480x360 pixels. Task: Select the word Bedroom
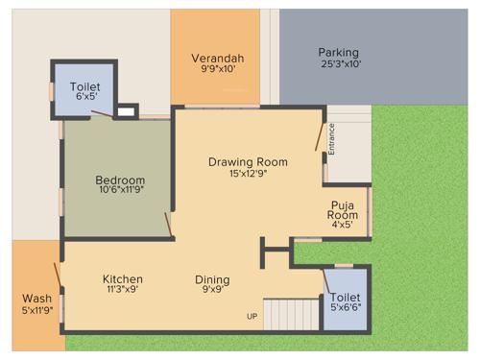[120, 180]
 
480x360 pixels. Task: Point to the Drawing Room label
[248, 161]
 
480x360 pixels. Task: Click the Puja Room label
[343, 210]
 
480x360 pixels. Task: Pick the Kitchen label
[123, 279]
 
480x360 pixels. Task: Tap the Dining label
[212, 279]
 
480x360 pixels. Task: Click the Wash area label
[37, 298]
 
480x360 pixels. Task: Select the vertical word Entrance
[332, 138]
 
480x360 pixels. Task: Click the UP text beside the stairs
[252, 316]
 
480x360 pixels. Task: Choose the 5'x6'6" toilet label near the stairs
[346, 308]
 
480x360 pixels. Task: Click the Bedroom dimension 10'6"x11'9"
[120, 190]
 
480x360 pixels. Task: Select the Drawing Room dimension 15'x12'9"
[248, 174]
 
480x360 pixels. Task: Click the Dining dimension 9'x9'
[212, 290]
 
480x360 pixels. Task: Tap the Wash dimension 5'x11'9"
[37, 310]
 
